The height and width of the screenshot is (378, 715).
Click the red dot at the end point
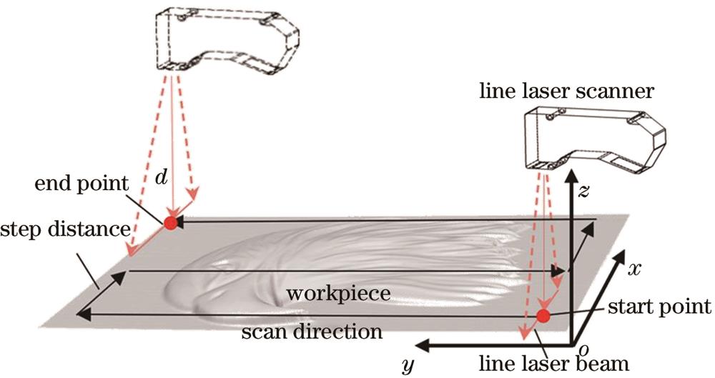tap(170, 222)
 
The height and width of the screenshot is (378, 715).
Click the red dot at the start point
tap(543, 316)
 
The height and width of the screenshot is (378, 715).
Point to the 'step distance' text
tap(65, 230)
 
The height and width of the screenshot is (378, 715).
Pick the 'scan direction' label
tap(311, 332)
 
